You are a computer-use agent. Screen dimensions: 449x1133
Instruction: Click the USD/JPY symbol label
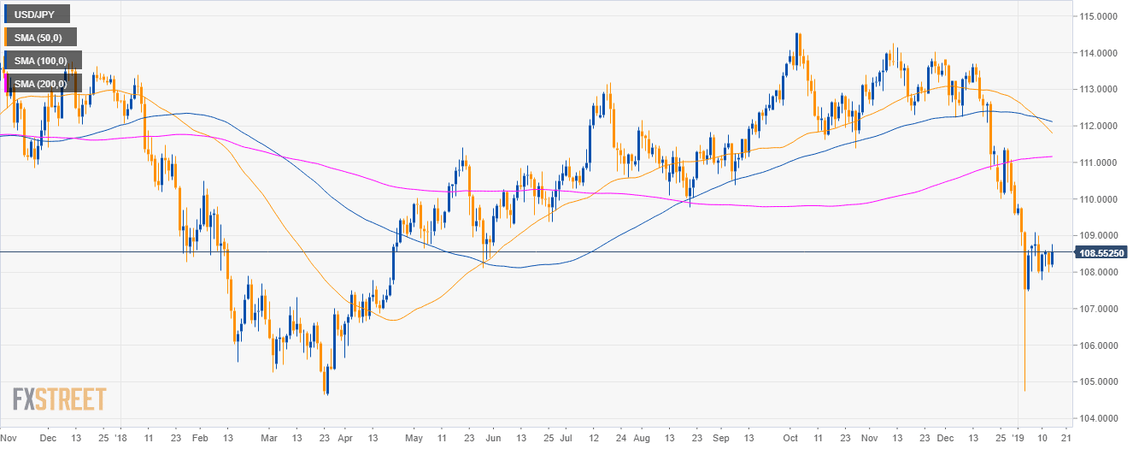point(37,15)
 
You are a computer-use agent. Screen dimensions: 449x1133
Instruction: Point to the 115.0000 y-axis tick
point(1100,16)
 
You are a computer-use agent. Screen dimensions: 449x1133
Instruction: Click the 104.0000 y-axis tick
point(1100,418)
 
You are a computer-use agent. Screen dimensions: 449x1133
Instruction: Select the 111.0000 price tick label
point(1100,162)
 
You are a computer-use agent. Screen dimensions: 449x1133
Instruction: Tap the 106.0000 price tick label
point(1100,346)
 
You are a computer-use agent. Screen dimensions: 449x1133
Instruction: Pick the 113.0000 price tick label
point(1100,90)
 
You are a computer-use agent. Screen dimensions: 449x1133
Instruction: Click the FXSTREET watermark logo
point(59,399)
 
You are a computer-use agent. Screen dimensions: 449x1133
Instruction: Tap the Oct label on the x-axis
point(791,436)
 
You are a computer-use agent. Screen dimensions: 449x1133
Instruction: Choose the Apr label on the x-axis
point(344,436)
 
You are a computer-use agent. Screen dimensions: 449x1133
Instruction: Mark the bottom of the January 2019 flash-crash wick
point(1024,391)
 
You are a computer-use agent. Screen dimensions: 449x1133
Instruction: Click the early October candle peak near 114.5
point(797,34)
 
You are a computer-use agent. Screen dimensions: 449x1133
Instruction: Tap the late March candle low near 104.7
point(326,393)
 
